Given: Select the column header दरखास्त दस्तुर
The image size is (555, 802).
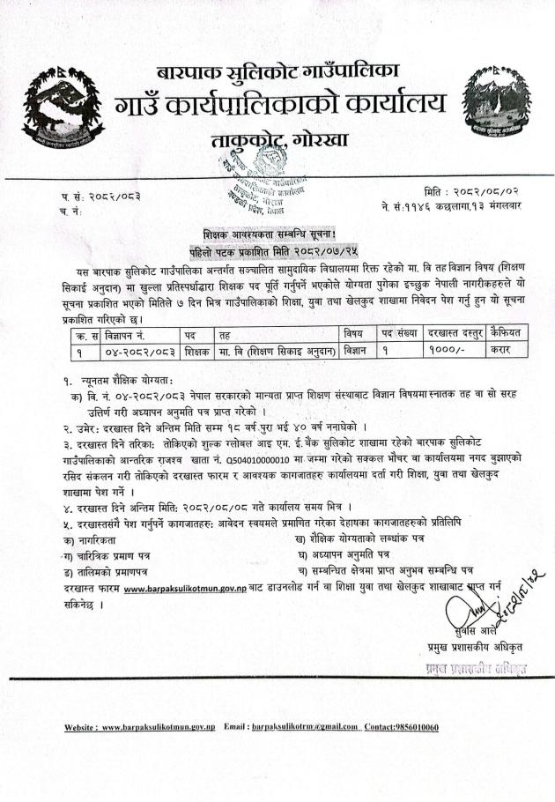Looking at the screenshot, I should (x=453, y=334).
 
